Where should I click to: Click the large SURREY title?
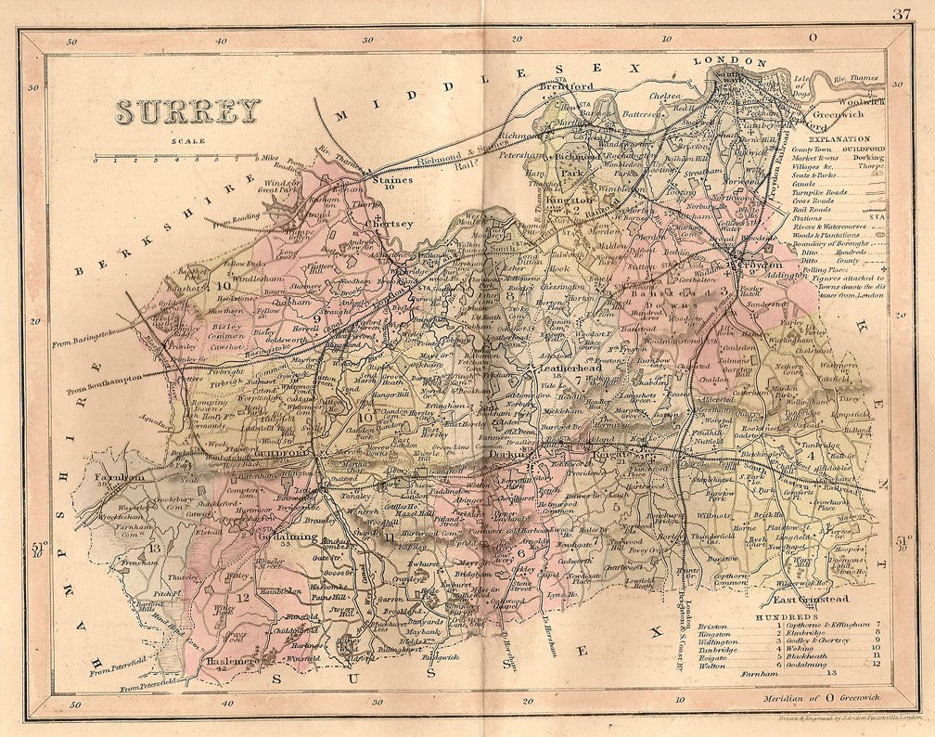click(x=188, y=112)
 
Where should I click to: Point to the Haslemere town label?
click(x=238, y=660)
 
